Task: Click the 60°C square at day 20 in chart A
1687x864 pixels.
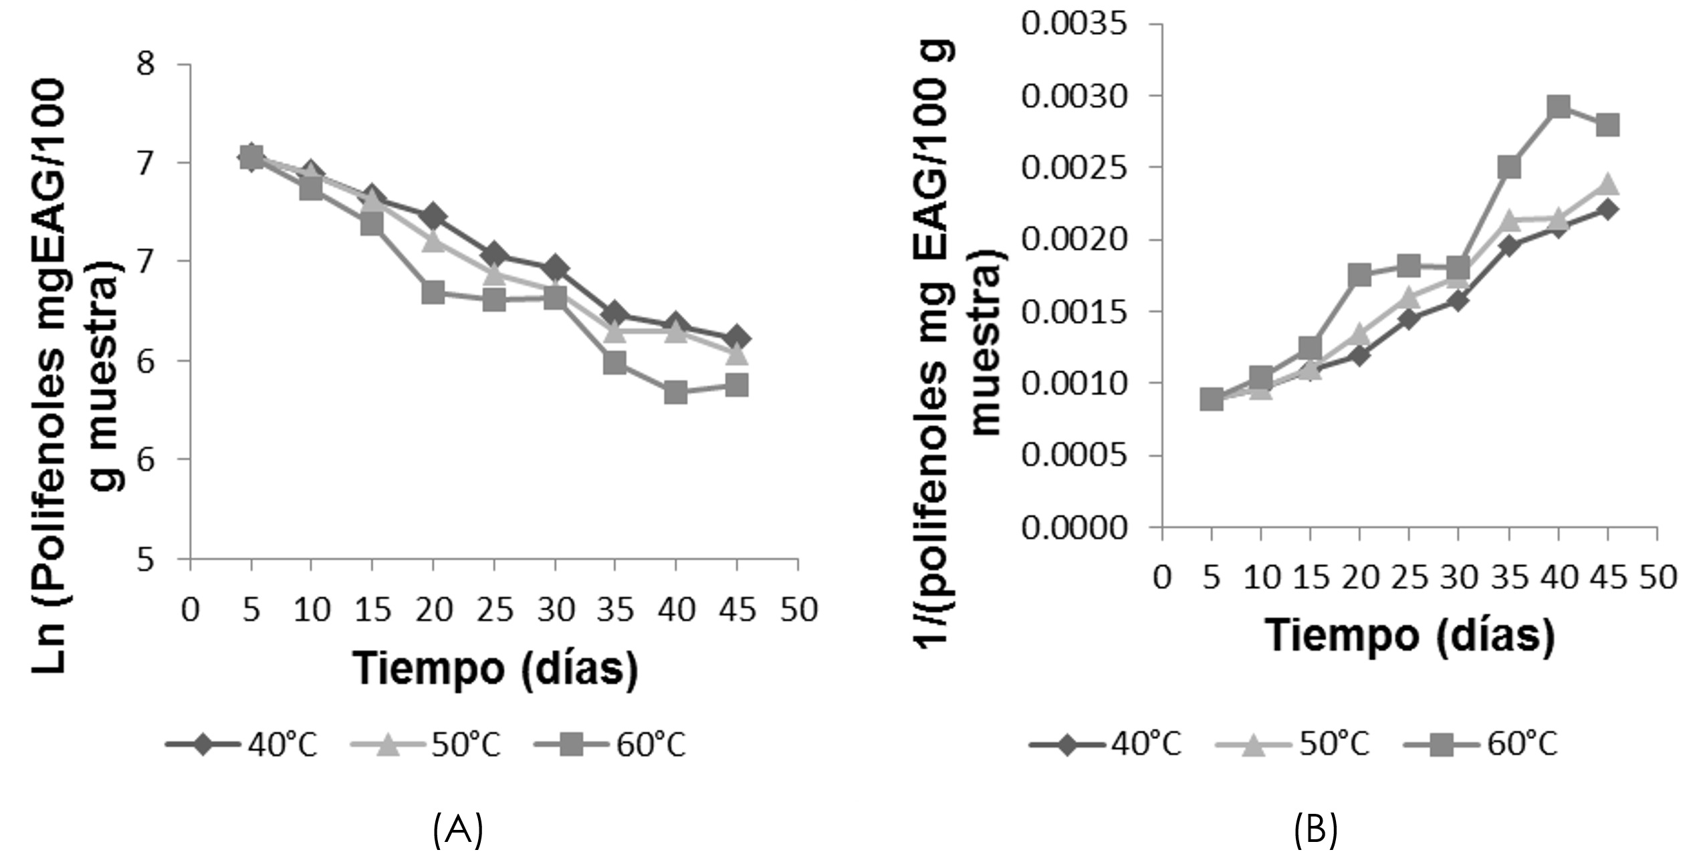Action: (433, 292)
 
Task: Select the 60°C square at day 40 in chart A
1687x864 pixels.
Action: (676, 393)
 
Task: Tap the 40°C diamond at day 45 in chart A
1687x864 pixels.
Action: (737, 338)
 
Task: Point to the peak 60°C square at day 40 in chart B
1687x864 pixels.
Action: (1559, 106)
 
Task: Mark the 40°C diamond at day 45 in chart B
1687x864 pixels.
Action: (1608, 209)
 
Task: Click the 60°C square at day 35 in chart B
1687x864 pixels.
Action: (1509, 167)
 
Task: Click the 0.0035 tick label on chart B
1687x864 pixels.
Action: (1074, 25)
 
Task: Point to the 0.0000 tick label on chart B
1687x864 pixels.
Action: (1074, 528)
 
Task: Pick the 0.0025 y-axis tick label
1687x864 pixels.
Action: (1074, 168)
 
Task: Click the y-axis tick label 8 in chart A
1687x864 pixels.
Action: (145, 64)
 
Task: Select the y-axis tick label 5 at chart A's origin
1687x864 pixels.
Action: (145, 559)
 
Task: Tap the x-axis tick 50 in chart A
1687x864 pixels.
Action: (799, 610)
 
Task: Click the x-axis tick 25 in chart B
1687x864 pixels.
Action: (1410, 577)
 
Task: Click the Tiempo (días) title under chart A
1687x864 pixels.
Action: (495, 669)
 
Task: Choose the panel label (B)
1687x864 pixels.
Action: (1316, 830)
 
